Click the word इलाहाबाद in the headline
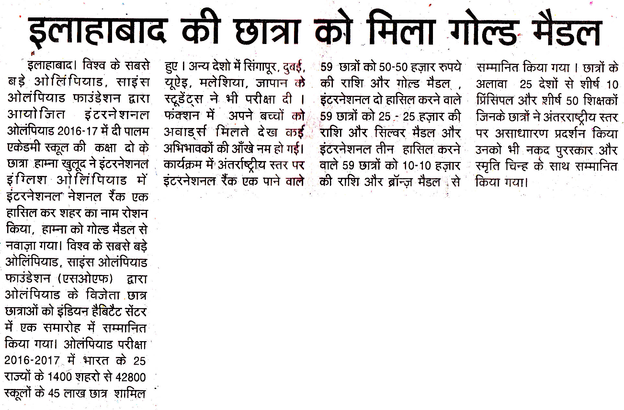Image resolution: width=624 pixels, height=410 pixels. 97,32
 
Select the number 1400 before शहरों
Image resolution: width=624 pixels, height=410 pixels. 60,377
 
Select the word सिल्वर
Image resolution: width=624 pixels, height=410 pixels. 390,133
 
